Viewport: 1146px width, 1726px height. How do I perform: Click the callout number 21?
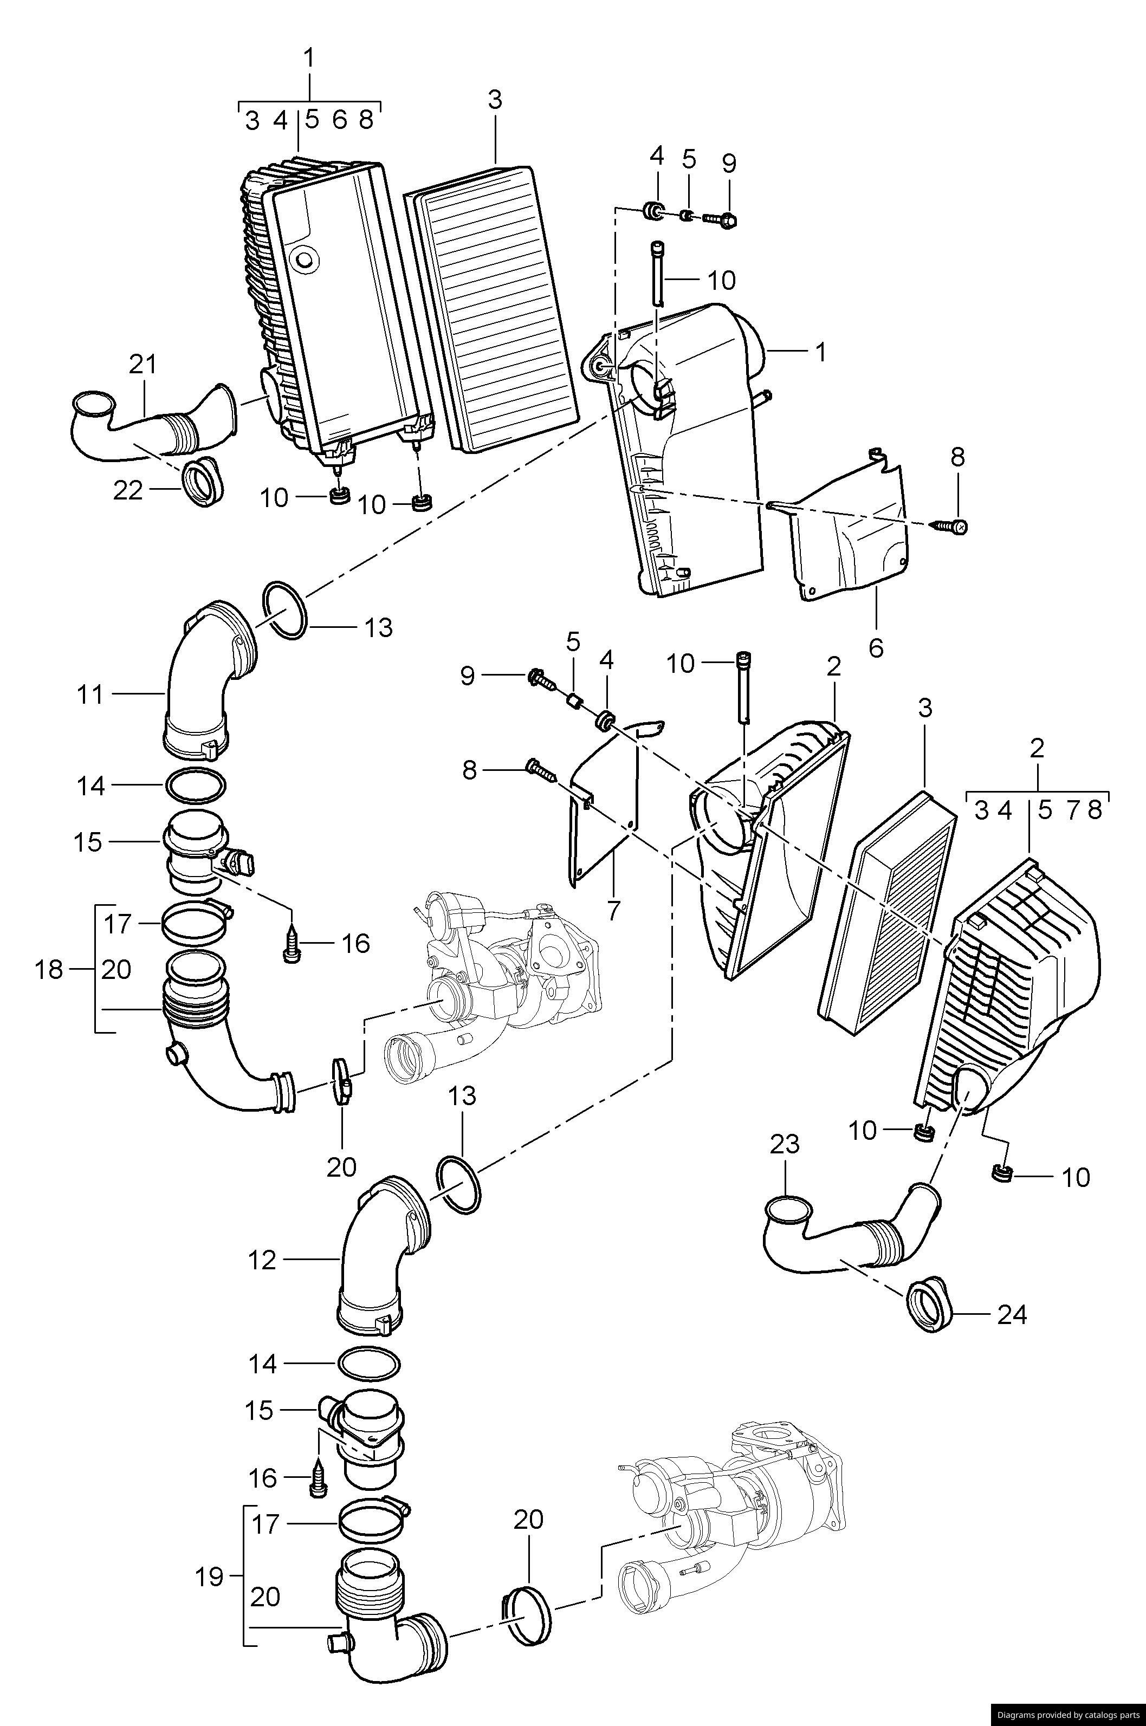[143, 365]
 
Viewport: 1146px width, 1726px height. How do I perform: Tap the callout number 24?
[1012, 1315]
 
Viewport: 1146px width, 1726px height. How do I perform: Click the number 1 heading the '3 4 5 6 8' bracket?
[309, 58]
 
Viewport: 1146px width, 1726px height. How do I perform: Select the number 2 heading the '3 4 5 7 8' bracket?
[1037, 748]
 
